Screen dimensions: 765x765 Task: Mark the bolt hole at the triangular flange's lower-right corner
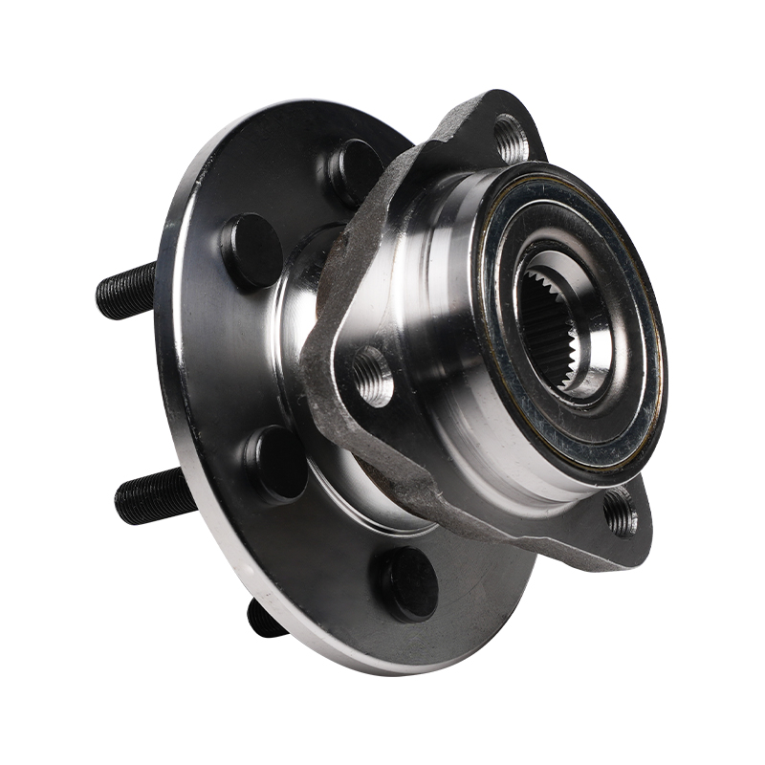[x=621, y=513]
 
